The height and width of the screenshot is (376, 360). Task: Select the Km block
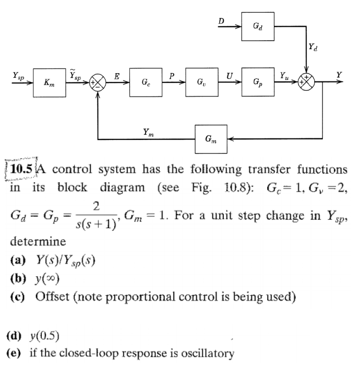coord(48,83)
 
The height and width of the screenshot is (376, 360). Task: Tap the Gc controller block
coord(145,83)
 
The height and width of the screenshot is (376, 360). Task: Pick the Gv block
coord(200,83)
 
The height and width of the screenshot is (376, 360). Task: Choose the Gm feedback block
coord(211,139)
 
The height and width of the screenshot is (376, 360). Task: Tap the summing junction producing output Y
coord(307,83)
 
